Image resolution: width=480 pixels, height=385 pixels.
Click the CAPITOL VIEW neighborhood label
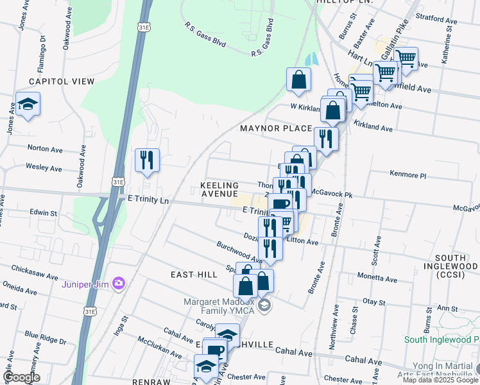click(61, 81)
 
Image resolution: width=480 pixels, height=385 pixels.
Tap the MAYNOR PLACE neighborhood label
click(275, 128)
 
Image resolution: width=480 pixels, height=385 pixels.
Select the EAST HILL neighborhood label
click(194, 275)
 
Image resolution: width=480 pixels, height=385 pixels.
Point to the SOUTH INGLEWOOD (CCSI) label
click(451, 270)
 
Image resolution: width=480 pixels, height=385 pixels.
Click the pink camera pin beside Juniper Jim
click(118, 283)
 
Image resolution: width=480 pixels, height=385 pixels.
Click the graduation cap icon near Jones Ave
click(28, 104)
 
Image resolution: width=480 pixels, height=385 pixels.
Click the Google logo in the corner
click(22, 377)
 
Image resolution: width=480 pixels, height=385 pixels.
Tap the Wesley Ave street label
click(44, 168)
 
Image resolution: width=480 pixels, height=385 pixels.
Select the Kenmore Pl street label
click(407, 175)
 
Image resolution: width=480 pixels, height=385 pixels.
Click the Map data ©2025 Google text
click(440, 380)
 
